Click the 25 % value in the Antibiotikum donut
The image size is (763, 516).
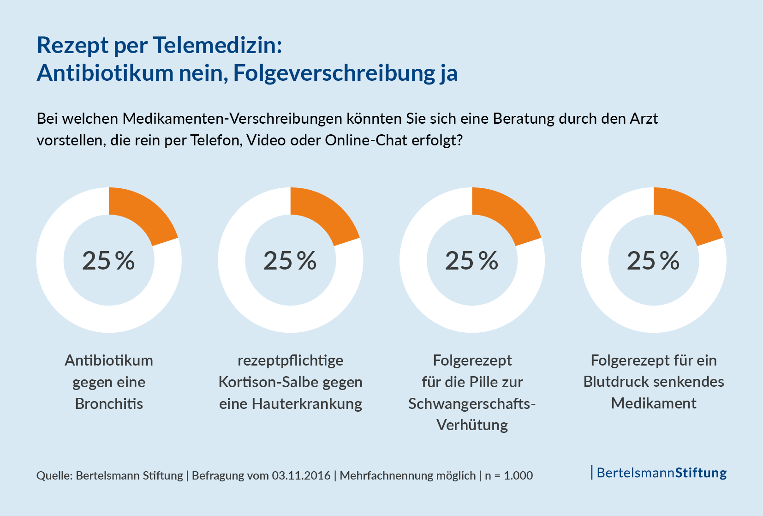[108, 261]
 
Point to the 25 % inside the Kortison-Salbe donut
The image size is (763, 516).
[290, 261]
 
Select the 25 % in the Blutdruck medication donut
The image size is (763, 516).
[653, 261]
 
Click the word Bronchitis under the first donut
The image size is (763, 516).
[109, 404]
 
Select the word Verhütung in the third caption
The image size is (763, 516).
[472, 425]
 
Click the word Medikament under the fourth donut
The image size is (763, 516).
[654, 403]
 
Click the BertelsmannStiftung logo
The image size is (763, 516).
[660, 473]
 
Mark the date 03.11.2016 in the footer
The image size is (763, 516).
[301, 475]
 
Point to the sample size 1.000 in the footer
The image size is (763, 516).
[518, 475]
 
